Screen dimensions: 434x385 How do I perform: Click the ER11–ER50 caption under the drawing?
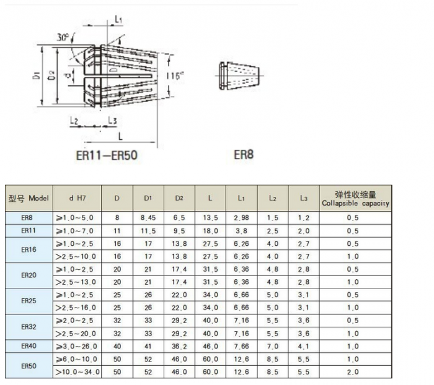(x=107, y=155)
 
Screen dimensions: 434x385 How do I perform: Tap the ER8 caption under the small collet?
(x=244, y=155)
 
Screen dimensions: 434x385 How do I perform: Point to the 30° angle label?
(x=63, y=37)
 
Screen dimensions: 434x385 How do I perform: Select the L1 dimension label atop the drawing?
(x=118, y=19)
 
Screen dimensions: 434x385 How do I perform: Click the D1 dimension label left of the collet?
(x=37, y=76)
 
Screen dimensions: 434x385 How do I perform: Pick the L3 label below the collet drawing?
(x=112, y=121)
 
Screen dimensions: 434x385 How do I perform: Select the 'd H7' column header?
(x=77, y=198)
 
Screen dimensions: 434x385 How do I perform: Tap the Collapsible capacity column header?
(x=355, y=199)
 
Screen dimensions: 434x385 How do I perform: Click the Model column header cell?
(x=29, y=198)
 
